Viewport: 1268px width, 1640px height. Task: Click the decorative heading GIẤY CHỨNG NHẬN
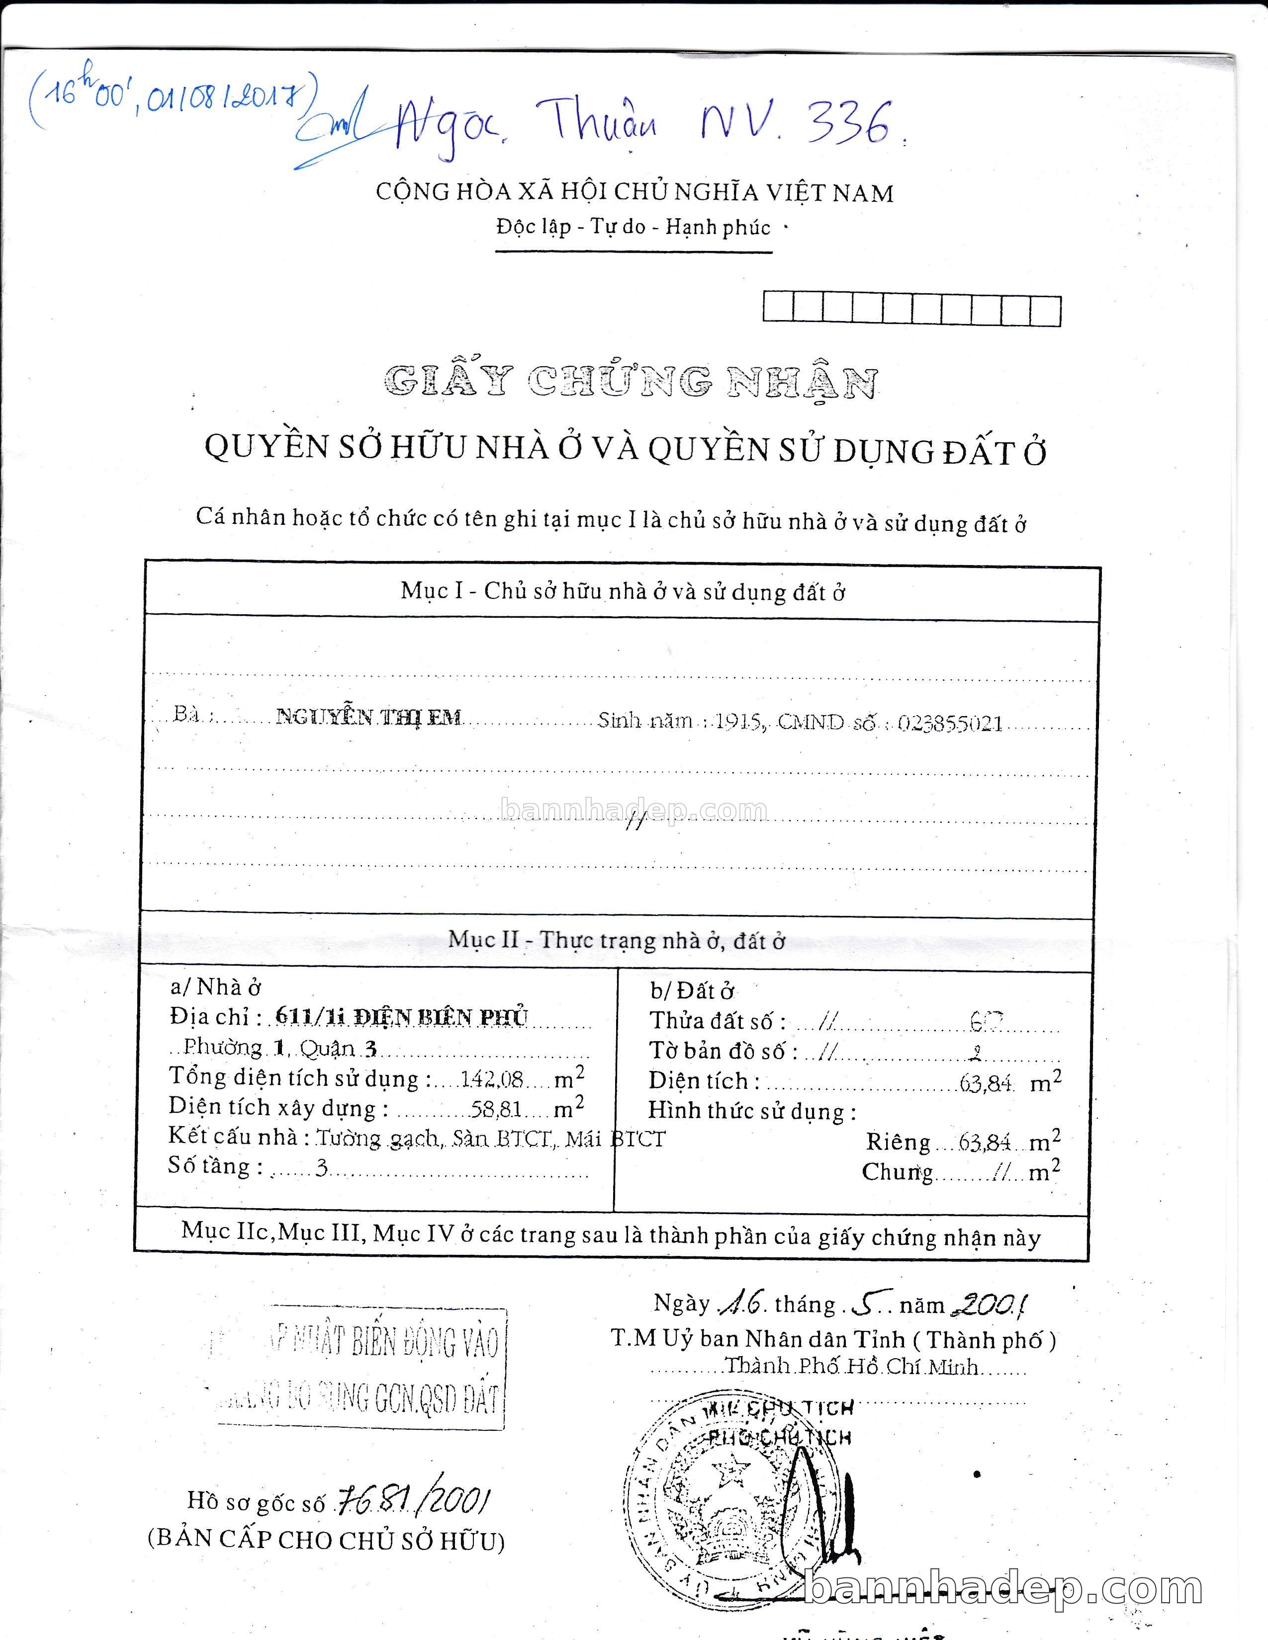tap(630, 382)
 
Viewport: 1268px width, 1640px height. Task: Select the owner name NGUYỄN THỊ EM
tap(368, 717)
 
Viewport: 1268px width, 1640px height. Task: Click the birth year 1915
tap(739, 722)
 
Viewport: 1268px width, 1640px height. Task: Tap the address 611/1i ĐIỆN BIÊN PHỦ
tap(402, 1017)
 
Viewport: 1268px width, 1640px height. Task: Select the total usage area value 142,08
tap(492, 1078)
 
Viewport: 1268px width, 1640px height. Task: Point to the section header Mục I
tap(623, 592)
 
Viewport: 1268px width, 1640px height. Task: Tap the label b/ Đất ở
tap(692, 991)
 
